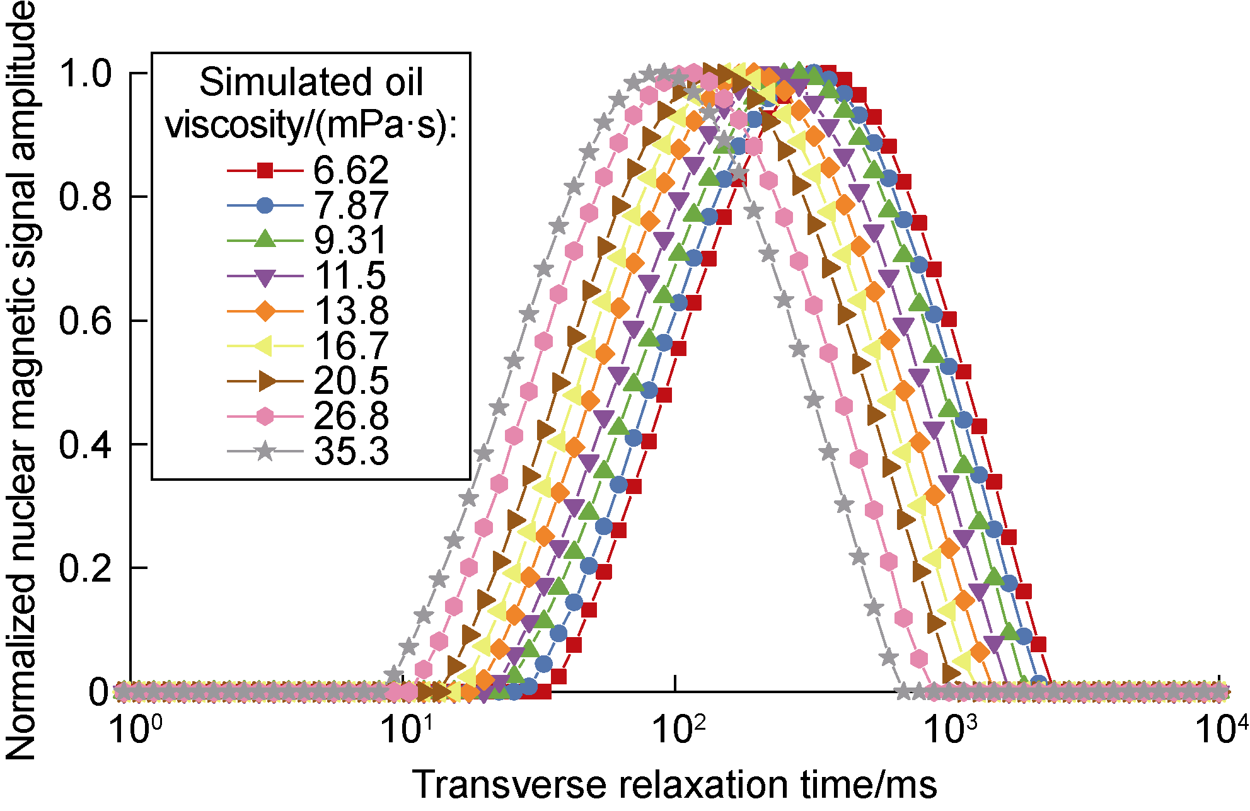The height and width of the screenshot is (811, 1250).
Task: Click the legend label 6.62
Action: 351,170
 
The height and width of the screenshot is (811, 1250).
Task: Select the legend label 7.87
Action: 351,205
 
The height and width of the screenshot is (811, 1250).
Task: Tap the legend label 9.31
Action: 351,241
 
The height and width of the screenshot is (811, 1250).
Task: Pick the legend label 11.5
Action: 351,276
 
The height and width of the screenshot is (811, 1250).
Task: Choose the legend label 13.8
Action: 351,311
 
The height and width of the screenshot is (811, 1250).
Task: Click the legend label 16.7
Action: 351,346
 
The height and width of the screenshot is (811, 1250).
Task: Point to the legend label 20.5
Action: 351,381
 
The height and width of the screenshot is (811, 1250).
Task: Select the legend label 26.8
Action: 351,417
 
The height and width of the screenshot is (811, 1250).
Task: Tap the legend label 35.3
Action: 351,452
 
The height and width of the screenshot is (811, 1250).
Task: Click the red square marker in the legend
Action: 265,170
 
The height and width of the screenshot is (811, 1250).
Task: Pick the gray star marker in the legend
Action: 265,451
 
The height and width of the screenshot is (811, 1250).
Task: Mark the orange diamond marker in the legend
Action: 265,311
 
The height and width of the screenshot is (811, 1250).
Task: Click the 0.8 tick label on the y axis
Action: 85,197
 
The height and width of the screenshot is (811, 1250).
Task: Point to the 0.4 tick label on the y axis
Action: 85,445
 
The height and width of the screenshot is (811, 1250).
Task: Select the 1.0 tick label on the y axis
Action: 85,73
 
